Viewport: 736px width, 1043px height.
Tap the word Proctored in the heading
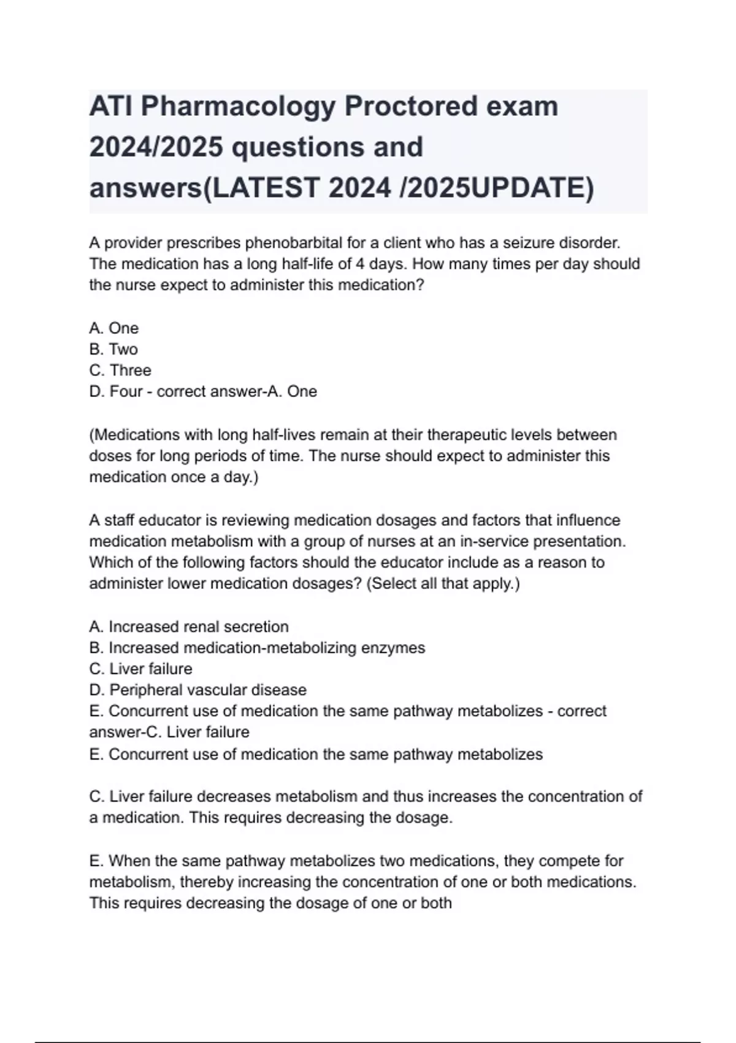click(410, 107)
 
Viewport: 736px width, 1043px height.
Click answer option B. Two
click(113, 349)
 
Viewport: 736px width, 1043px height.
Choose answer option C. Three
click(120, 370)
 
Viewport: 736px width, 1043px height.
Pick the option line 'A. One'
click(114, 328)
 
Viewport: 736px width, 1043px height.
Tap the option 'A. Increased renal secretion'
click(189, 626)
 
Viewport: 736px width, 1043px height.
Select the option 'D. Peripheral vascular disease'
click(197, 690)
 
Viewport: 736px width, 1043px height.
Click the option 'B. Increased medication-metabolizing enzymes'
click(257, 648)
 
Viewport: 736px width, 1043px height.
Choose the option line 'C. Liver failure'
click(141, 669)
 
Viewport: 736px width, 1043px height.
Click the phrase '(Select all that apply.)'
click(443, 583)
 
